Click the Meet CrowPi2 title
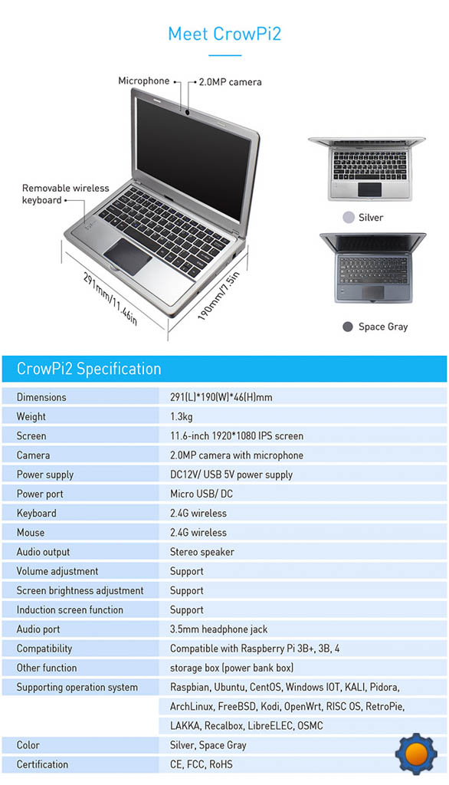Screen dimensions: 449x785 click(x=224, y=34)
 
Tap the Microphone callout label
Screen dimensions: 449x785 click(x=143, y=80)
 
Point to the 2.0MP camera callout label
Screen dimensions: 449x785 click(x=230, y=81)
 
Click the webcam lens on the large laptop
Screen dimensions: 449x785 click(x=187, y=112)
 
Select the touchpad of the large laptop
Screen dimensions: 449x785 click(x=128, y=256)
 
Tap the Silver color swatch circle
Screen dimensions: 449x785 click(x=349, y=217)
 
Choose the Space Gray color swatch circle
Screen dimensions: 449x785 click(x=348, y=327)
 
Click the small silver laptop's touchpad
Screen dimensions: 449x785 click(x=370, y=189)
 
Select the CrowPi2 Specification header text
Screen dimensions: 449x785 click(x=89, y=369)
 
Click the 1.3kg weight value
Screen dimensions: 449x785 click(x=181, y=416)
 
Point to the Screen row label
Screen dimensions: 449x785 click(x=31, y=435)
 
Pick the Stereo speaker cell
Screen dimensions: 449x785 click(x=202, y=552)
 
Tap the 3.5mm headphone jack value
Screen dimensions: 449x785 click(x=218, y=629)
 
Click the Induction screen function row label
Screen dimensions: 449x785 click(x=70, y=609)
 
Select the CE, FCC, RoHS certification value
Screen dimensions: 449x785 click(x=202, y=764)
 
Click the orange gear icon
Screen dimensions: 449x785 click(x=416, y=754)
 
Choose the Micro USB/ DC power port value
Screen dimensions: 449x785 click(x=202, y=494)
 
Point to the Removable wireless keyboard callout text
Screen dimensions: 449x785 click(x=65, y=194)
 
